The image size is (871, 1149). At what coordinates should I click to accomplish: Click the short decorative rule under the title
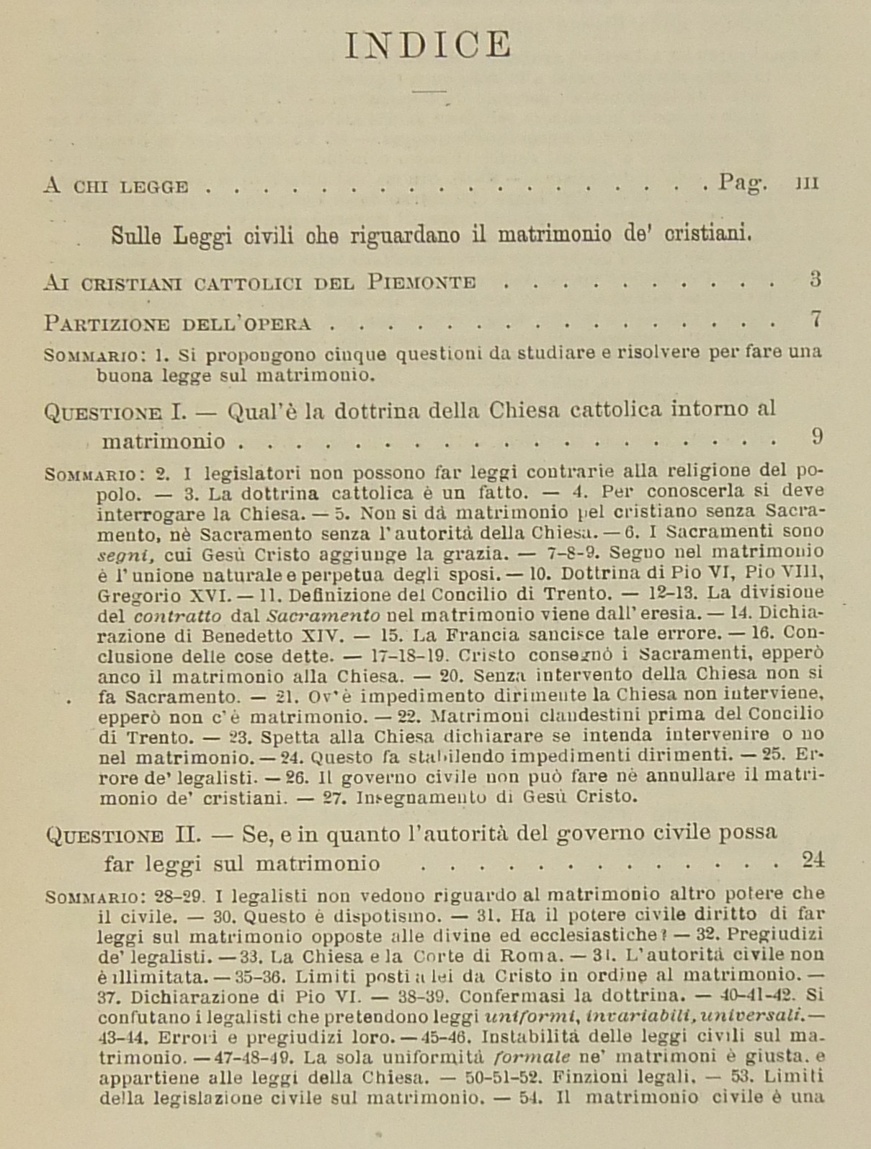click(430, 92)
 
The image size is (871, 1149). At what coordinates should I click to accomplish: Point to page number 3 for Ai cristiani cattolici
click(815, 280)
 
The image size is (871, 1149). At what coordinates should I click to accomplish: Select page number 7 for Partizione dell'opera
click(816, 318)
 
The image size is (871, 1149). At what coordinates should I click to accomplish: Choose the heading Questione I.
click(115, 412)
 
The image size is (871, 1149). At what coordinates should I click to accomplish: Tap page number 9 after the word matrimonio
click(816, 436)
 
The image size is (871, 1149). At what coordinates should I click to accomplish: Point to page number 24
click(813, 859)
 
